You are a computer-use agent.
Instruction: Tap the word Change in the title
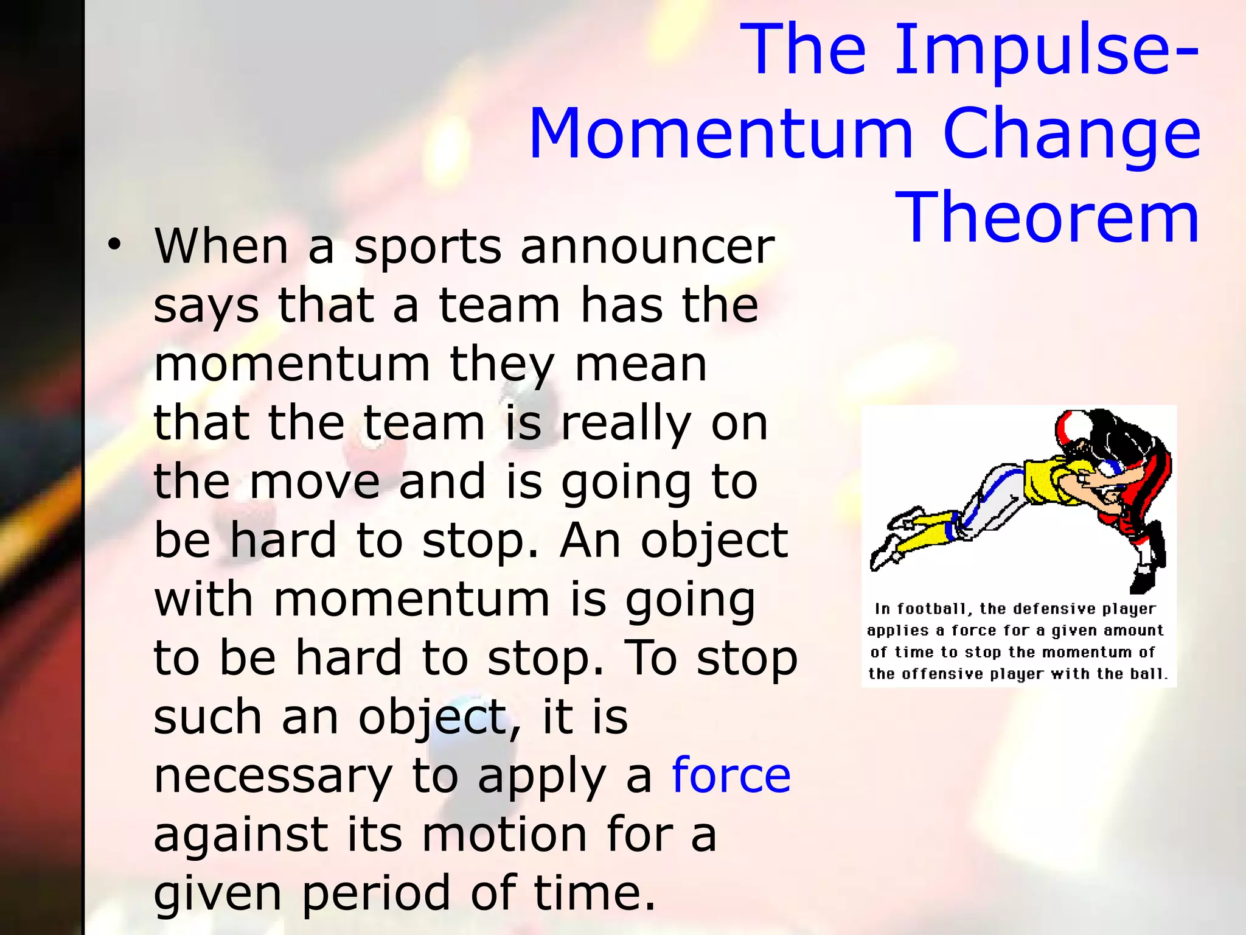1071,135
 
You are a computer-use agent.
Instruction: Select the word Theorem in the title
1046,217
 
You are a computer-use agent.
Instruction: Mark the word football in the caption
931,609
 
